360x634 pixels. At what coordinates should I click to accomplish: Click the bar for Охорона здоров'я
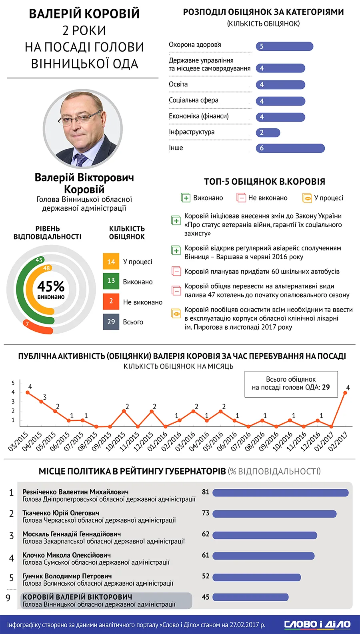pyautogui.click(x=284, y=46)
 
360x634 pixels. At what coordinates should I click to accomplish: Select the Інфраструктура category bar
pyautogui.click(x=268, y=132)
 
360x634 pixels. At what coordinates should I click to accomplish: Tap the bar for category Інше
pyautogui.click(x=290, y=148)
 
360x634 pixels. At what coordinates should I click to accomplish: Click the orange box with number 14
pyautogui.click(x=111, y=262)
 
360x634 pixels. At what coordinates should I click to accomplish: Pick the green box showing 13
pyautogui.click(x=111, y=281)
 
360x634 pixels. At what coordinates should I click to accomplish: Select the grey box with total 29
pyautogui.click(x=111, y=322)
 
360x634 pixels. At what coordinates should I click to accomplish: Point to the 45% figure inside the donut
pyautogui.click(x=51, y=286)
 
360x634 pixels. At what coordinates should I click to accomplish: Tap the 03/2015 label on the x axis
pyautogui.click(x=18, y=441)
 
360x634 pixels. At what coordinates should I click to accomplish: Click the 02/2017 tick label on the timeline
pyautogui.click(x=338, y=441)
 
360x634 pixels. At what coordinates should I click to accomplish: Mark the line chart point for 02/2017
pyautogui.click(x=345, y=393)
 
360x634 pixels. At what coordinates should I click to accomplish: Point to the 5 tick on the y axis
pyautogui.click(x=13, y=383)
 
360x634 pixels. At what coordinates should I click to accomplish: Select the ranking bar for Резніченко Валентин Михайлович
pyautogui.click(x=280, y=493)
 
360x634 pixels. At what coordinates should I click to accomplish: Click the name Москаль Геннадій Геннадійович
pyautogui.click(x=72, y=534)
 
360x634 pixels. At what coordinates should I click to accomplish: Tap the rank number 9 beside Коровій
pyautogui.click(x=8, y=598)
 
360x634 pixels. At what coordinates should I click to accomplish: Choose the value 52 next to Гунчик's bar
pyautogui.click(x=206, y=576)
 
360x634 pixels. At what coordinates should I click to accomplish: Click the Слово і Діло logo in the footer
pyautogui.click(x=317, y=624)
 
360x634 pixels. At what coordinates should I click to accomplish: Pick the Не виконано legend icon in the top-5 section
pyautogui.click(x=241, y=198)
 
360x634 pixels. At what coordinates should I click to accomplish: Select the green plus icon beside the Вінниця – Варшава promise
pyautogui.click(x=176, y=250)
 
